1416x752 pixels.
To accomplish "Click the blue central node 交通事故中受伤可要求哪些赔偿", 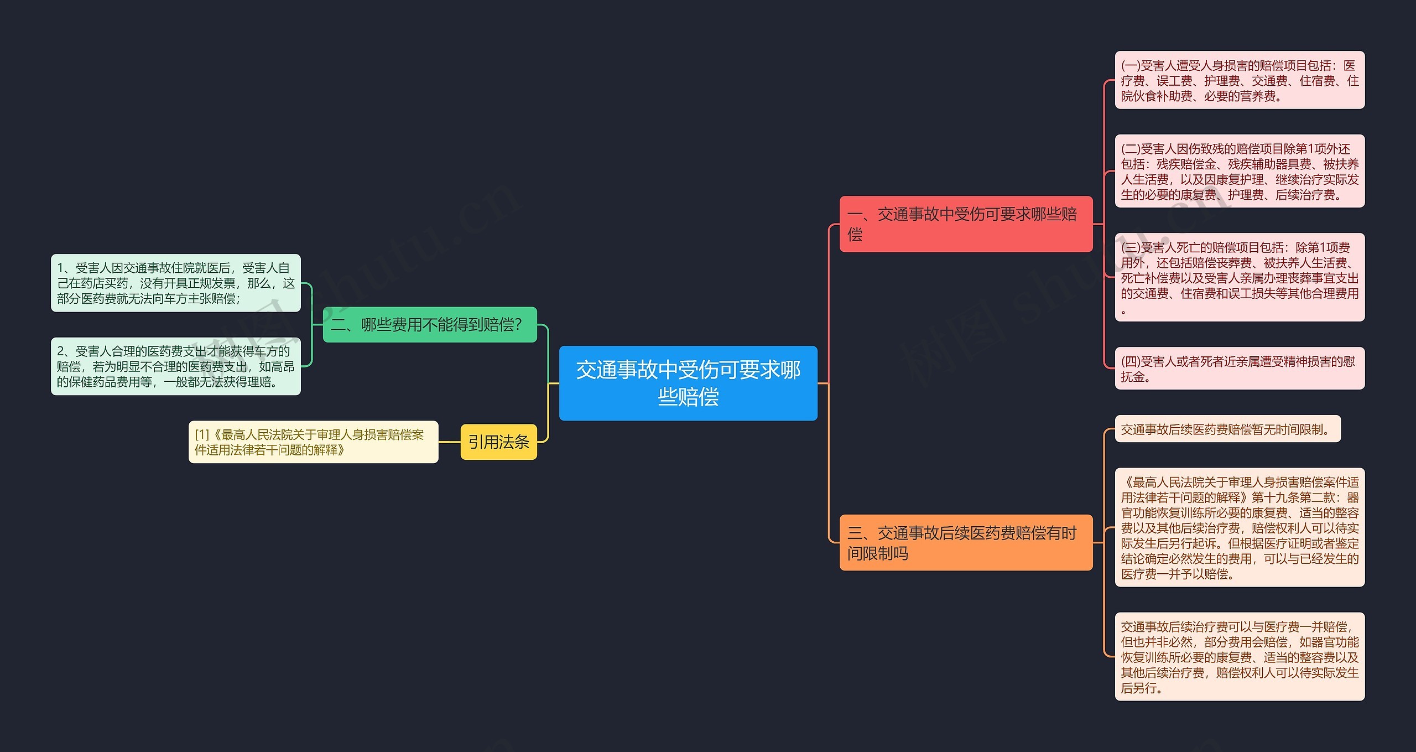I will pos(688,383).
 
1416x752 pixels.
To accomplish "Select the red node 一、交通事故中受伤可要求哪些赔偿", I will pos(966,224).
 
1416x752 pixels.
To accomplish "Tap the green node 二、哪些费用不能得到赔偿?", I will pos(429,325).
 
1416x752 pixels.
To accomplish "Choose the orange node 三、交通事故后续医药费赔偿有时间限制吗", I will pos(966,542).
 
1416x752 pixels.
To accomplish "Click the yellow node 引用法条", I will pos(498,442).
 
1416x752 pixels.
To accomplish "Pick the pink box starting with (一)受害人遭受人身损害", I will pos(1239,80).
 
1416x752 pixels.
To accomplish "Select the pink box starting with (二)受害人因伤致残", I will pos(1239,172).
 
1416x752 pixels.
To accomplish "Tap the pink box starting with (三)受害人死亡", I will pos(1239,277).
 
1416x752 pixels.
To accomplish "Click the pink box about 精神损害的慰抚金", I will pos(1239,369).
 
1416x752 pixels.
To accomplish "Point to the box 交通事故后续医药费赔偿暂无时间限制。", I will pos(1227,429).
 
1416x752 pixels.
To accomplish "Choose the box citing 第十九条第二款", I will pos(1239,527).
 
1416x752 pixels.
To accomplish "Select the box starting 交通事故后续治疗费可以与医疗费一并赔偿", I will pos(1239,657).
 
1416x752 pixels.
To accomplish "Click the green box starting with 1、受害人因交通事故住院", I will pos(175,283).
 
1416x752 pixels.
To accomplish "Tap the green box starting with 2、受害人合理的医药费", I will pos(175,366).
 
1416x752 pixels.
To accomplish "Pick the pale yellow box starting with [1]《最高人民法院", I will pos(313,442).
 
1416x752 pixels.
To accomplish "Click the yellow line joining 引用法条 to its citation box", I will pos(449,442).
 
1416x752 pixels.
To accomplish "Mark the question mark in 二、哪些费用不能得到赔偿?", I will pos(518,325).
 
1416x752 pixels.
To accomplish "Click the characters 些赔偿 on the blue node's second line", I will pos(688,397).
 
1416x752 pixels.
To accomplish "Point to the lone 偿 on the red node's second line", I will pos(855,235).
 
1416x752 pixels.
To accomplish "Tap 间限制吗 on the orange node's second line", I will pos(877,553).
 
